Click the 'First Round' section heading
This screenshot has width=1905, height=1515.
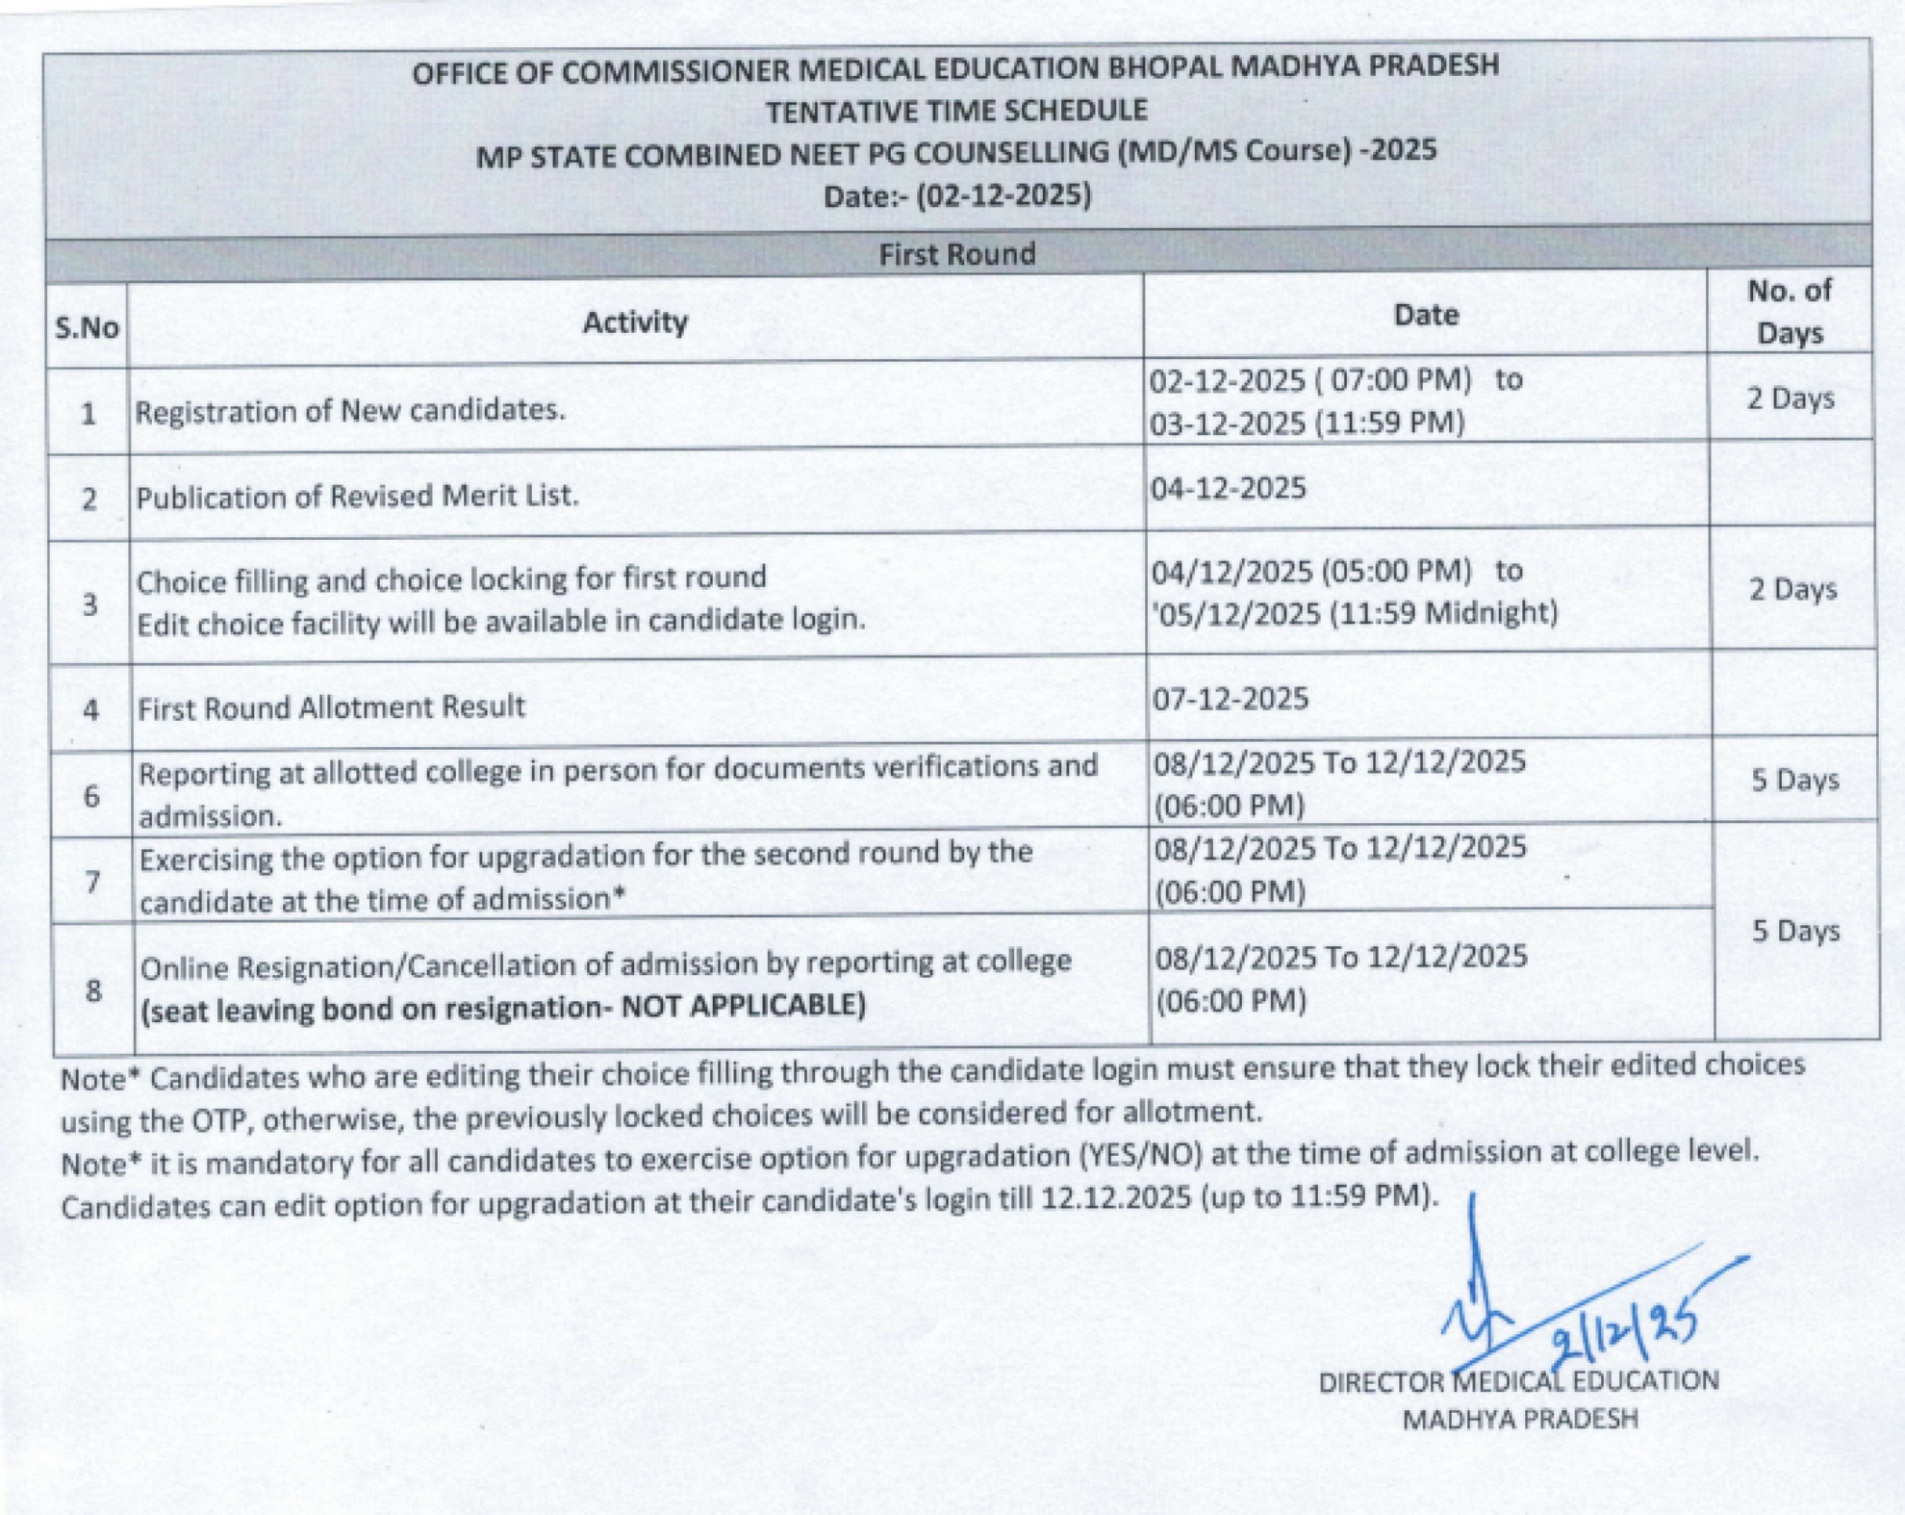pos(956,254)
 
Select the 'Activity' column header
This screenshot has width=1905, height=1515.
pos(635,322)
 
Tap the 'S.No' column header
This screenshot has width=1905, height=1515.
pos(87,328)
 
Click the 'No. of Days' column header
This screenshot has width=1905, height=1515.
pos(1789,311)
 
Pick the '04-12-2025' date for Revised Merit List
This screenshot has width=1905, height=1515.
pos(1229,489)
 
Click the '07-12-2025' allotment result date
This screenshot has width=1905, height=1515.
pos(1231,698)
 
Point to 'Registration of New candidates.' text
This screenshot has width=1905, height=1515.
pos(350,411)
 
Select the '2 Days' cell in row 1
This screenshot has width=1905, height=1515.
pos(1791,398)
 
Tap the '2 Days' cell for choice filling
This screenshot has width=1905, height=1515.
pos(1792,589)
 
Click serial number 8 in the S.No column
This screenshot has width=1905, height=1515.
pos(93,990)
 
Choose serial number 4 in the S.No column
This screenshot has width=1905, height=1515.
pos(91,710)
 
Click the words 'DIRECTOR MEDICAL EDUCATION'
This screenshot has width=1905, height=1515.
pos(1518,1381)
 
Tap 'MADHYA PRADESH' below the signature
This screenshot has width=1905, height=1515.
pos(1519,1419)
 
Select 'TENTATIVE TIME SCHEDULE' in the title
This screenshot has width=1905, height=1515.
pos(956,111)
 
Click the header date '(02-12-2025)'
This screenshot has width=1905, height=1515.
pos(1003,195)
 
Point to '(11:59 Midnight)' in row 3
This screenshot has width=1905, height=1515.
pos(1443,613)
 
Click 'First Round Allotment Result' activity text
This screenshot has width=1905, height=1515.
pos(331,707)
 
